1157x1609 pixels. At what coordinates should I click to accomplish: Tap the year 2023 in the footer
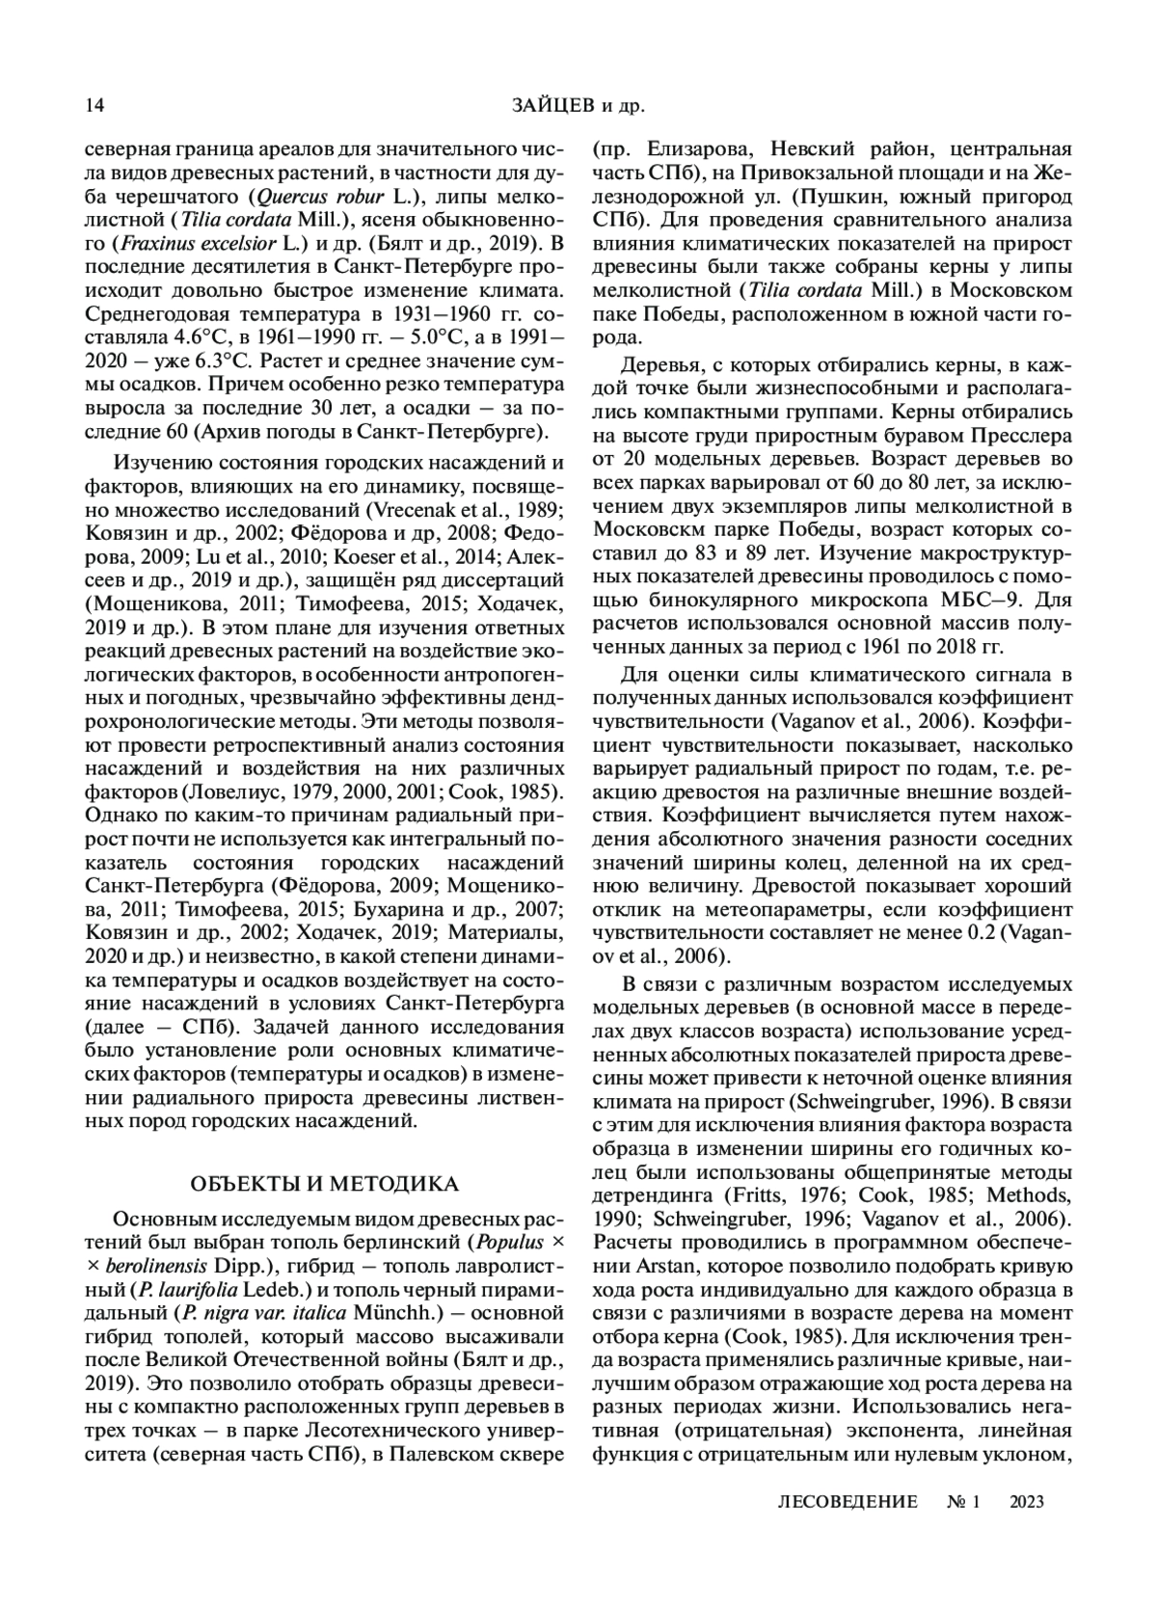1027,1501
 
